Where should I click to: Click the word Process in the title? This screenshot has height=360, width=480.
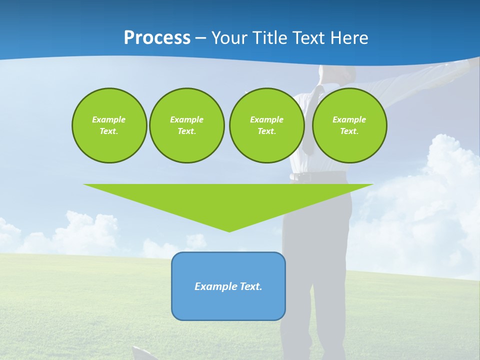[x=157, y=38]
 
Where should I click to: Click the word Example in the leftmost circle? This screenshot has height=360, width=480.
[x=109, y=119]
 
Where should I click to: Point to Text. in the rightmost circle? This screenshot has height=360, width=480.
[x=349, y=131]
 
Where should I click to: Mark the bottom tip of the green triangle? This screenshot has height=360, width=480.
[x=229, y=230]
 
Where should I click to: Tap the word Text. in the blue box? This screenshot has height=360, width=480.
[x=250, y=286]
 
